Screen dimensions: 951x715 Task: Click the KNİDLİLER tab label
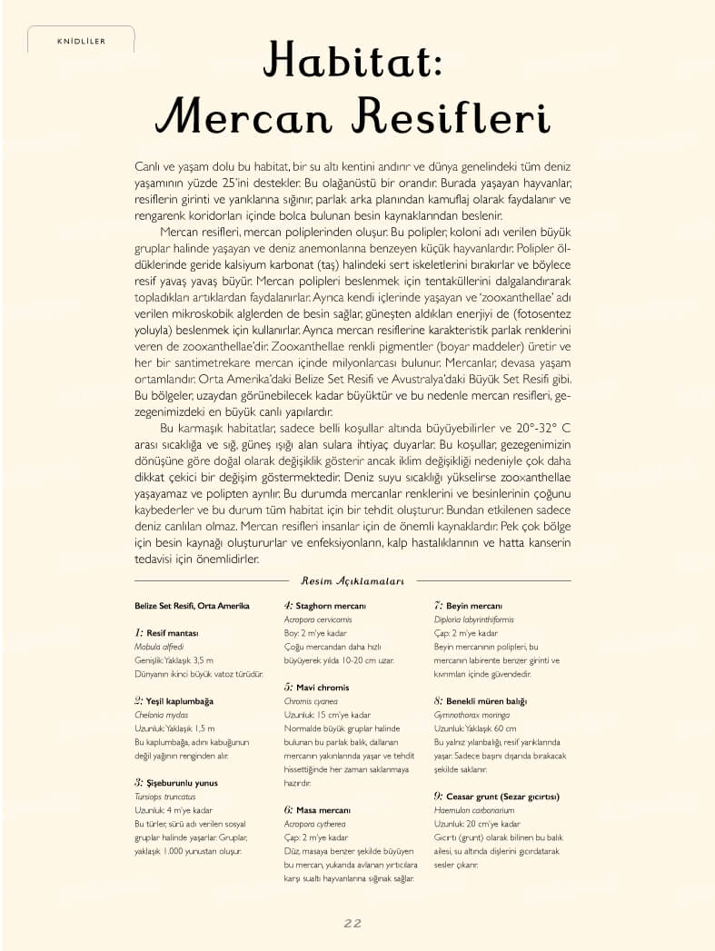(81, 40)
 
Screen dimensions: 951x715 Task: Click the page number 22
(353, 923)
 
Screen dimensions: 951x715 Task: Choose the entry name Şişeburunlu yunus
(182, 783)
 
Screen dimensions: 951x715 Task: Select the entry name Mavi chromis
(323, 688)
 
